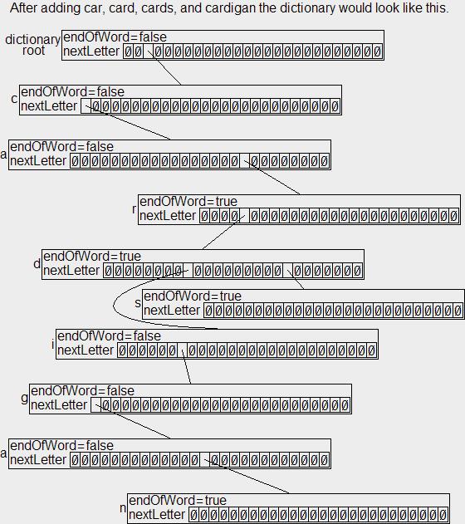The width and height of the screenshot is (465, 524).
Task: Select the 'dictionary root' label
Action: (x=32, y=45)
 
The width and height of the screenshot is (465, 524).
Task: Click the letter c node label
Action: (x=14, y=99)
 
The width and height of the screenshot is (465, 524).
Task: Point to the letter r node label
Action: (x=134, y=209)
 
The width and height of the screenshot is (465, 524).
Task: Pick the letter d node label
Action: (x=37, y=264)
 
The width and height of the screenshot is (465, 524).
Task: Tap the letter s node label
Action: (x=138, y=303)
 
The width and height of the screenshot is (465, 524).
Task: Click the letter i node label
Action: (x=53, y=344)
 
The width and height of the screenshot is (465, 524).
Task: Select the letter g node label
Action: (x=24, y=399)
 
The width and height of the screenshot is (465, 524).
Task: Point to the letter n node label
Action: (x=123, y=508)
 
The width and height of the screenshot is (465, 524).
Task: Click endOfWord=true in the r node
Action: (x=188, y=202)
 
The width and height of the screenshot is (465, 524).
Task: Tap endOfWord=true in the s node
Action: (x=193, y=296)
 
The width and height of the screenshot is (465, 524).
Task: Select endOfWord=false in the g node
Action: (x=82, y=390)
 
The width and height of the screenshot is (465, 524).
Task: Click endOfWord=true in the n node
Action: (x=178, y=500)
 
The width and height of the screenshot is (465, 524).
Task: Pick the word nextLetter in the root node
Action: (x=91, y=51)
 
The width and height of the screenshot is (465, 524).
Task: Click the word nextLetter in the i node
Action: (x=86, y=350)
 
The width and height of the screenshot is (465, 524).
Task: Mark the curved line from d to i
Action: (x=114, y=305)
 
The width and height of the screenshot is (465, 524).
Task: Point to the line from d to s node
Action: (x=296, y=280)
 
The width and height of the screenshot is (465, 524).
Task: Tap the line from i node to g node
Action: (x=186, y=367)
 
